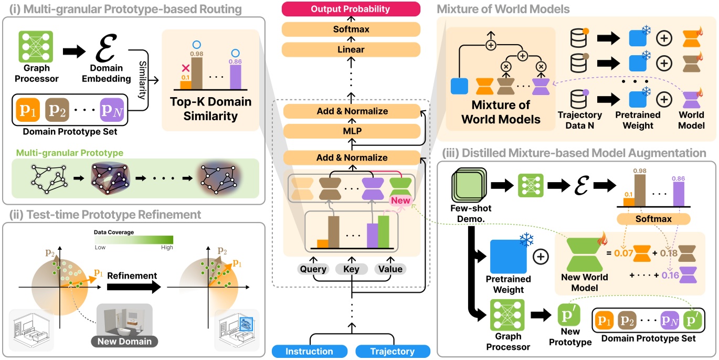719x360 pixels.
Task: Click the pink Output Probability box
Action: (351, 9)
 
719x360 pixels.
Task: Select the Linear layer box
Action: (351, 49)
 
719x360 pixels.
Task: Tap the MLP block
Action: (351, 131)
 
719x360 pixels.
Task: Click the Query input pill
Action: (313, 269)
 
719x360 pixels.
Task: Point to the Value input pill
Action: (389, 269)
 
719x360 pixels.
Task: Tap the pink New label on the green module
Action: (401, 200)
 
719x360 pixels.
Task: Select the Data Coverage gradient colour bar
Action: (134, 240)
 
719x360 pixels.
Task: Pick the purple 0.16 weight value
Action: (670, 274)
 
